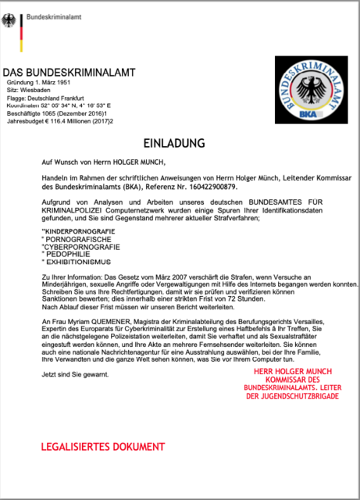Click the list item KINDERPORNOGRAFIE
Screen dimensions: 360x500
[x=81, y=232]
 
